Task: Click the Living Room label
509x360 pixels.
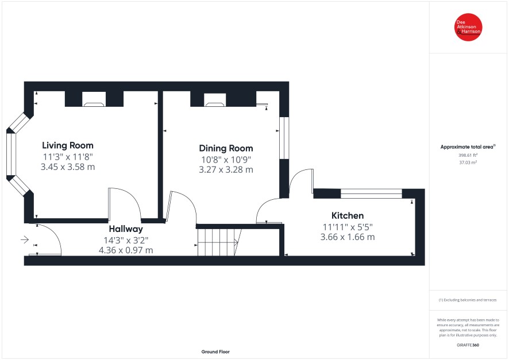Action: coord(68,145)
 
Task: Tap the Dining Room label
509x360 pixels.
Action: coord(226,148)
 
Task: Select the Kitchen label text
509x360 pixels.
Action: coord(348,215)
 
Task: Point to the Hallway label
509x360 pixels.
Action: coord(126,229)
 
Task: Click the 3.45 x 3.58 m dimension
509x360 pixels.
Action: coord(68,167)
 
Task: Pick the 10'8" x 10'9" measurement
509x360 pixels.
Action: coord(226,160)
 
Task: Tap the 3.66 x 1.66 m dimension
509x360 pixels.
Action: coord(348,237)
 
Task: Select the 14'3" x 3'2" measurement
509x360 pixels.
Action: coord(126,241)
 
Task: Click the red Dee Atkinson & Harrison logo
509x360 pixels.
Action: coord(468,27)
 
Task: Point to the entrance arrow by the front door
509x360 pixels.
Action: coord(25,239)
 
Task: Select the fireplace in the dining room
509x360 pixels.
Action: coord(215,99)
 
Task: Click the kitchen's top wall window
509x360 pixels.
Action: coord(371,193)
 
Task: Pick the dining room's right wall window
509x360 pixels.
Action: coord(284,138)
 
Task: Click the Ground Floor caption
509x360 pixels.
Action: coord(215,351)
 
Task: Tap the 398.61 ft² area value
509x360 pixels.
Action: coord(468,156)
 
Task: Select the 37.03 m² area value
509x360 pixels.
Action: coord(468,162)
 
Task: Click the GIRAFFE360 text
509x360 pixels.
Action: coord(468,345)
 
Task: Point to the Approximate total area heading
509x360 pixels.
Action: coord(468,147)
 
